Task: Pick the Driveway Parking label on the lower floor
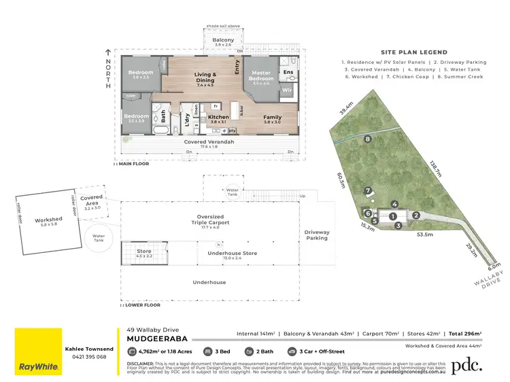click(317, 235)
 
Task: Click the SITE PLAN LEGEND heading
click(413, 52)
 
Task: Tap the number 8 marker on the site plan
click(368, 139)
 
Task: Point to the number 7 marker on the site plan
click(367, 190)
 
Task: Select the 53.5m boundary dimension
click(425, 234)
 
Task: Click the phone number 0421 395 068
click(88, 357)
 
